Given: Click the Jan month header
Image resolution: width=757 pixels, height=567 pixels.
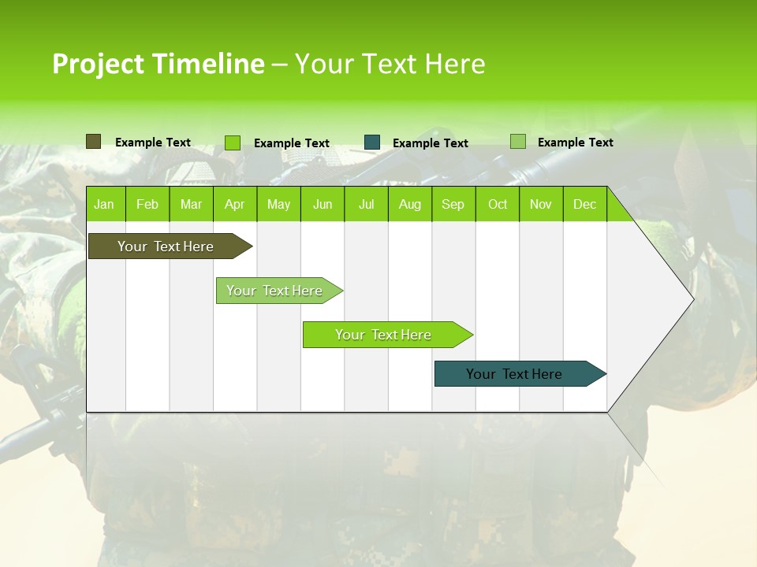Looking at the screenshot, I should pos(104,204).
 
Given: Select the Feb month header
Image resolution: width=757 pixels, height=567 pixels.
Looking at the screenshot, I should pos(147,204).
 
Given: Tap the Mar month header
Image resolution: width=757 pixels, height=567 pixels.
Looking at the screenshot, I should pos(191,204).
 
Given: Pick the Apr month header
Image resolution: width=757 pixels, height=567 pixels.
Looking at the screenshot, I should pos(234,204).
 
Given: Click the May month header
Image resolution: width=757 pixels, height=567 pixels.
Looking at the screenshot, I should pos(278,204).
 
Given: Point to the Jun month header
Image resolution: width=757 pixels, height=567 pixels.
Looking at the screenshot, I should pos(323,204).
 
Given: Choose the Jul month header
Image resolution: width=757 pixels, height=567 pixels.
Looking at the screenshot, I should pos(366,204).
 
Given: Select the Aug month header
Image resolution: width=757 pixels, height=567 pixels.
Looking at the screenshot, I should pos(409,204).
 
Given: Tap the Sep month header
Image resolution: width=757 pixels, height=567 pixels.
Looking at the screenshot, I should pos(453,204).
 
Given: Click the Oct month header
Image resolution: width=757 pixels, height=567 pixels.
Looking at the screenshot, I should pos(498,204).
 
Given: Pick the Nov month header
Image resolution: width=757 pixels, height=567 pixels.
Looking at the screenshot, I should pos(541,204).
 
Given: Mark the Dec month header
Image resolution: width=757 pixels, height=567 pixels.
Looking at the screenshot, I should pos(584,204).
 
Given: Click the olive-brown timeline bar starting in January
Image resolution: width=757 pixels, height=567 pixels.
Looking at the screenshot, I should pos(166,246).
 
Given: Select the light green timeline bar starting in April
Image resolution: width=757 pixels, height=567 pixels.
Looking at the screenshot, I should pos(275,291).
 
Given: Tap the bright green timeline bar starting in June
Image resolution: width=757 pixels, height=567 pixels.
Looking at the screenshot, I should pos(384,335).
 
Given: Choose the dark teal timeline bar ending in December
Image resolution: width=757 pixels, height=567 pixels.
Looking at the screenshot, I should pos(515,374).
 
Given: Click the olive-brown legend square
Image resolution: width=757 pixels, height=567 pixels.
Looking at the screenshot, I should pos(93,142).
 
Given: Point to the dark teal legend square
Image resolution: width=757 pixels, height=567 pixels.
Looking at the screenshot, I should pos(372,142).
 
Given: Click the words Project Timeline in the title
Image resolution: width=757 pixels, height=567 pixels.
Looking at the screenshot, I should pos(158,64).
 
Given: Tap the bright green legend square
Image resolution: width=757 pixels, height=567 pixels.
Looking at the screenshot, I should pos(233,143).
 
